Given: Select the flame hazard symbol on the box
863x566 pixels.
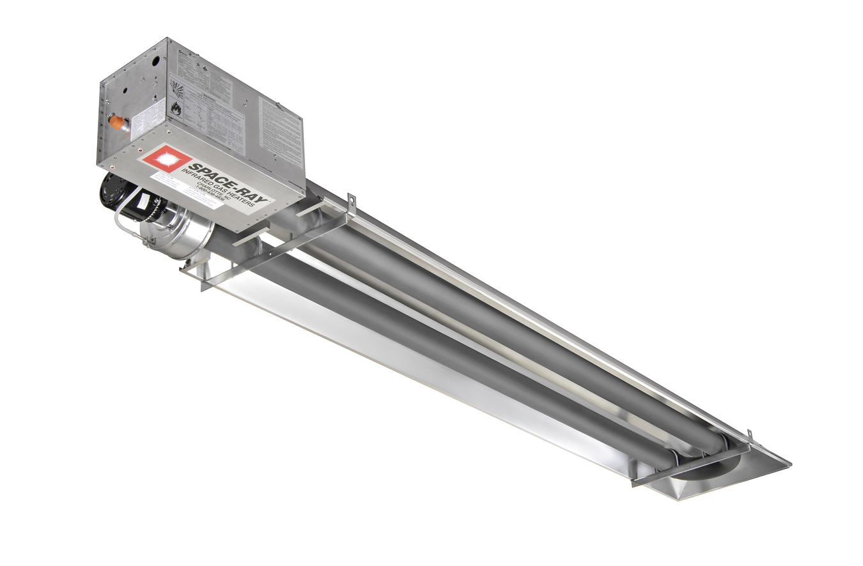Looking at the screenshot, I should pos(176,107).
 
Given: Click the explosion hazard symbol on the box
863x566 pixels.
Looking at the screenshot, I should pos(177,86).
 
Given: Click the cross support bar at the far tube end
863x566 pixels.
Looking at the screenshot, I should pos(690,464).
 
